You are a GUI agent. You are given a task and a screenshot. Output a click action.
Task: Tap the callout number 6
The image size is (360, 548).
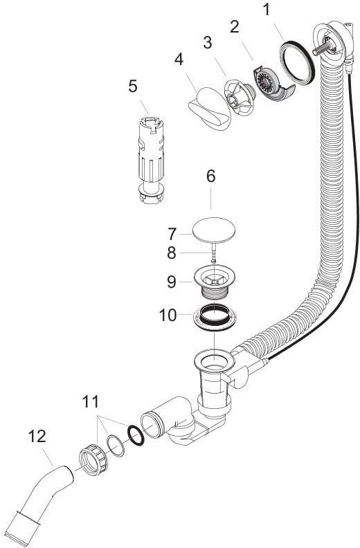(x=211, y=176)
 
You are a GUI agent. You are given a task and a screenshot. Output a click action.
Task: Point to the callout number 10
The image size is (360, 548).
(x=168, y=316)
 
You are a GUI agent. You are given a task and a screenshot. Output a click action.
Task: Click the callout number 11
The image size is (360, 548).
(x=91, y=401)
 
